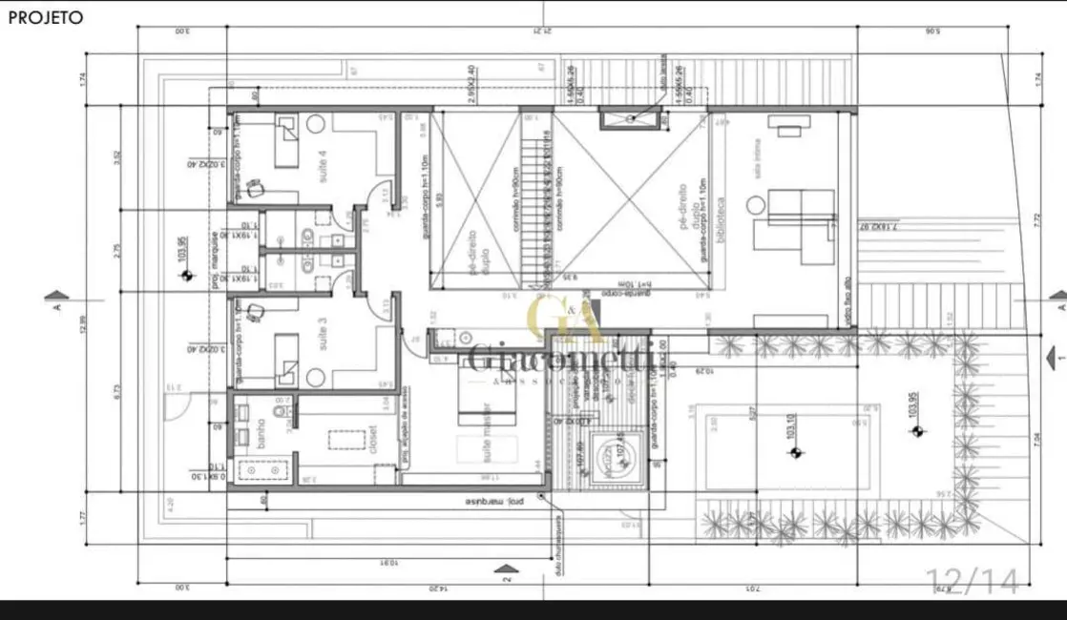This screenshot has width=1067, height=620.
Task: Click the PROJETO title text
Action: (45, 17)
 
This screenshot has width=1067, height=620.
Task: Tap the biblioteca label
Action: (722, 226)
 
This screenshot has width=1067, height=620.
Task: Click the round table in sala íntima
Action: (756, 204)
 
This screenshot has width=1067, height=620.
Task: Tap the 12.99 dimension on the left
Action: (84, 324)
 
